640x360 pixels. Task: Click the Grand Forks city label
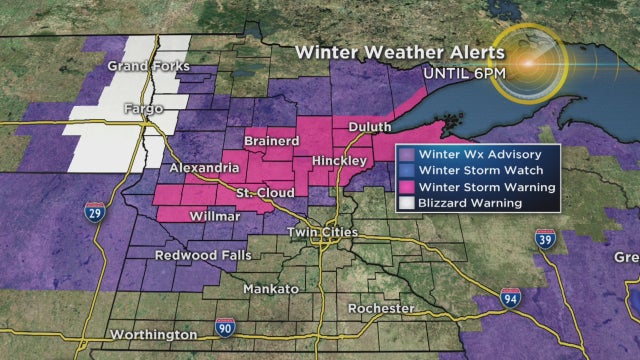pyautogui.click(x=143, y=67)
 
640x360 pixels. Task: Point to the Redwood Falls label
pyautogui.click(x=197, y=255)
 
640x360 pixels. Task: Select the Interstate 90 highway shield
pyautogui.click(x=226, y=326)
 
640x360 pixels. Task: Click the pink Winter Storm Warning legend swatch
pyautogui.click(x=407, y=187)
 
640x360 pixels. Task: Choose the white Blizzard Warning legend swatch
pyautogui.click(x=407, y=204)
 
